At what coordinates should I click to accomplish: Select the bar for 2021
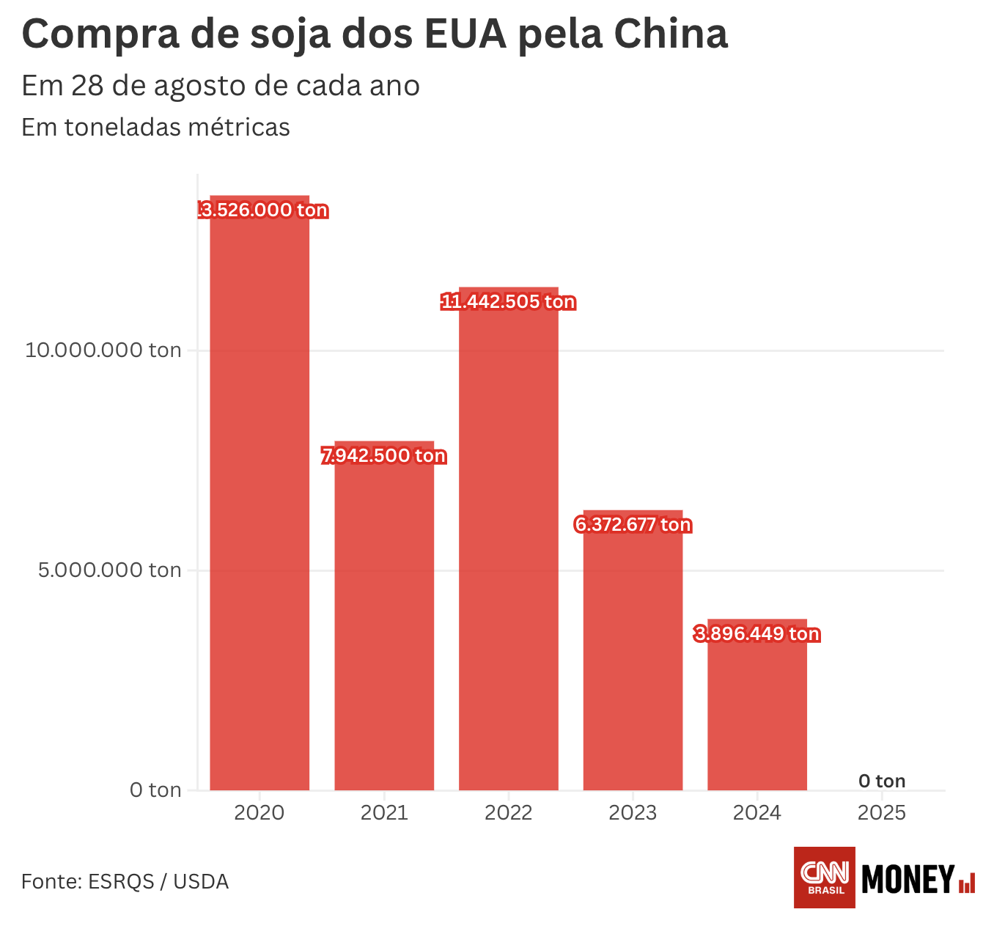pos(384,623)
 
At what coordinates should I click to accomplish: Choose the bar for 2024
pos(757,711)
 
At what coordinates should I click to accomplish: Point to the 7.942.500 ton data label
pos(384,456)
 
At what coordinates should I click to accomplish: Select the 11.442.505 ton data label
pos(509,302)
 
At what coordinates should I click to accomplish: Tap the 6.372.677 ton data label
pos(633,525)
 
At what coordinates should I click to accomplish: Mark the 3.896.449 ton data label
pos(757,634)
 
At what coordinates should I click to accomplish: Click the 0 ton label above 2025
pos(882,782)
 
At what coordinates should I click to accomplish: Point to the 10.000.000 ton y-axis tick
pos(103,350)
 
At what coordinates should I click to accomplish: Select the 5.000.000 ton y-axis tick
pos(110,570)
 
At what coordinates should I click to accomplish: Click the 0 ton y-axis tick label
pos(155,790)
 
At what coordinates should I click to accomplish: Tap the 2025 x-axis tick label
pos(882,813)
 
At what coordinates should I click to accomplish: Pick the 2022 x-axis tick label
pos(509,813)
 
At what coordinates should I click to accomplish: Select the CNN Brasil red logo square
pos(825,877)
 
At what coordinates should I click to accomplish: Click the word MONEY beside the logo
pos(908,879)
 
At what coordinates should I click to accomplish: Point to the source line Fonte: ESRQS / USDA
pos(125,881)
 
